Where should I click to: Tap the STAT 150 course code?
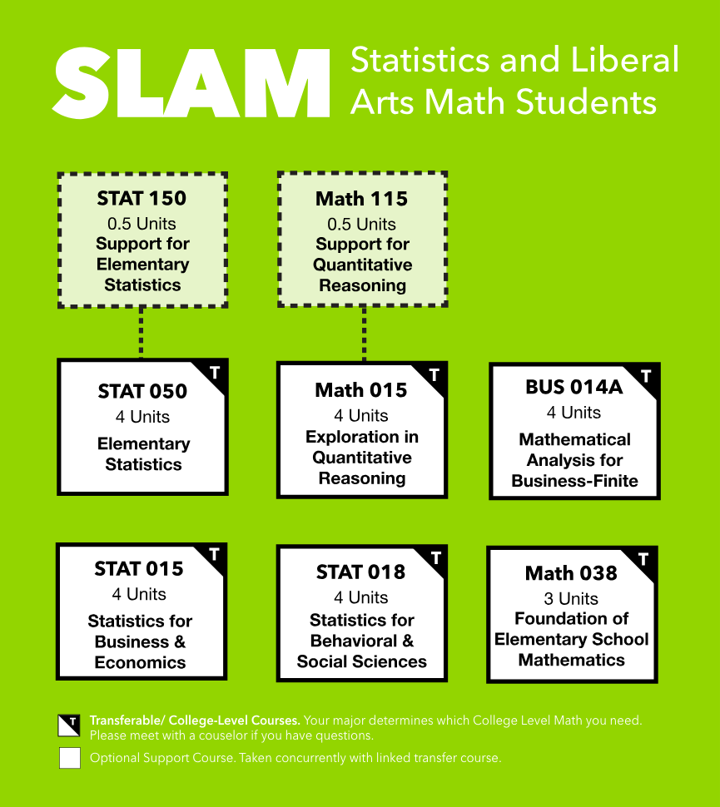142,199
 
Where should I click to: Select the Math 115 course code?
361,200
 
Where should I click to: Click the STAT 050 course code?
142,392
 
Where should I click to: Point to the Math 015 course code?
361,390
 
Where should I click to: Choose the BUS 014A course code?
574,387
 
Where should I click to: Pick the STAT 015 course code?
139,569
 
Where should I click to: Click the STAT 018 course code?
360,572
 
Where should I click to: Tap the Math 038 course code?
571,573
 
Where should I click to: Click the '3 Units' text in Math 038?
572,598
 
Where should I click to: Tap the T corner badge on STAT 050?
215,373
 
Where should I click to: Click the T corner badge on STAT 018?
434,558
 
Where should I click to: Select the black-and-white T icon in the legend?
70,725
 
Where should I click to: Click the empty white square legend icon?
70,759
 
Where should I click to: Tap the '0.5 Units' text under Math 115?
362,224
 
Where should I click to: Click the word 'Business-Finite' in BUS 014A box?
574,481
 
